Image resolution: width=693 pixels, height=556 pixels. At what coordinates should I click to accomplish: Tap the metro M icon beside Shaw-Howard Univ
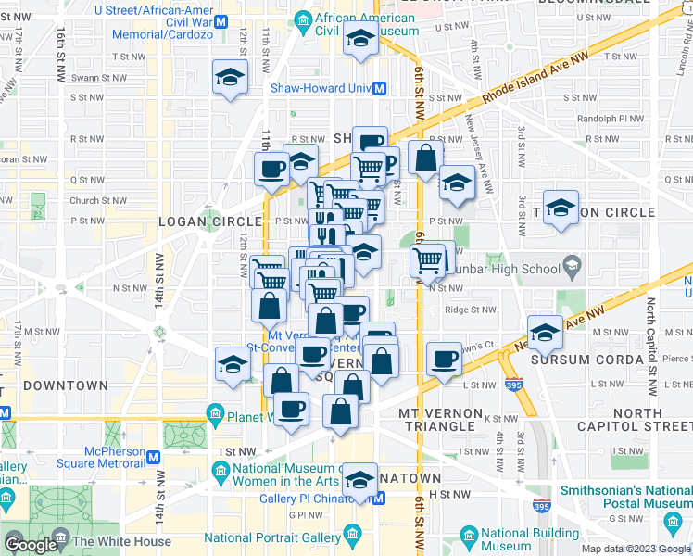pos(380,89)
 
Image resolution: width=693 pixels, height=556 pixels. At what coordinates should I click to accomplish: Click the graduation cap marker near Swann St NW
pos(230,78)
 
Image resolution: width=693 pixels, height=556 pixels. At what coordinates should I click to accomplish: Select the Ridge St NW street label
pos(470,310)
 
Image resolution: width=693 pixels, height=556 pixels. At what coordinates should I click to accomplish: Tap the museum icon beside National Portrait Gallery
pos(352,536)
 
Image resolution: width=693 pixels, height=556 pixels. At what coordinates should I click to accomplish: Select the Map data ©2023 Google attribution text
pos(634,549)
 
